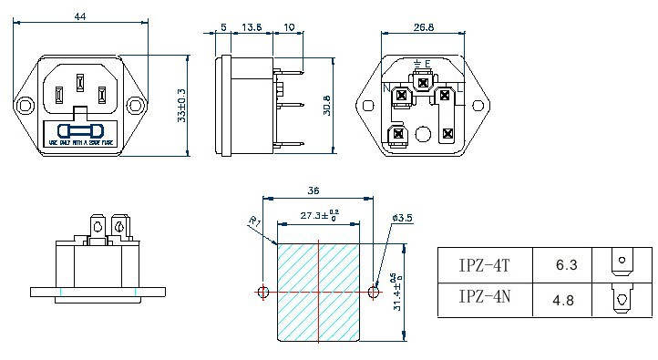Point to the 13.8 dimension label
[x=252, y=28]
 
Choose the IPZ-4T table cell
[x=484, y=265]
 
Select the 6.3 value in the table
[x=566, y=265]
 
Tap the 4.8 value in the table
[x=566, y=298]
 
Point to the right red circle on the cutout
[x=373, y=293]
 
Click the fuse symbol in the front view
[x=80, y=130]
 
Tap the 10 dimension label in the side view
[x=289, y=28]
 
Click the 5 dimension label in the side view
[x=224, y=28]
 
